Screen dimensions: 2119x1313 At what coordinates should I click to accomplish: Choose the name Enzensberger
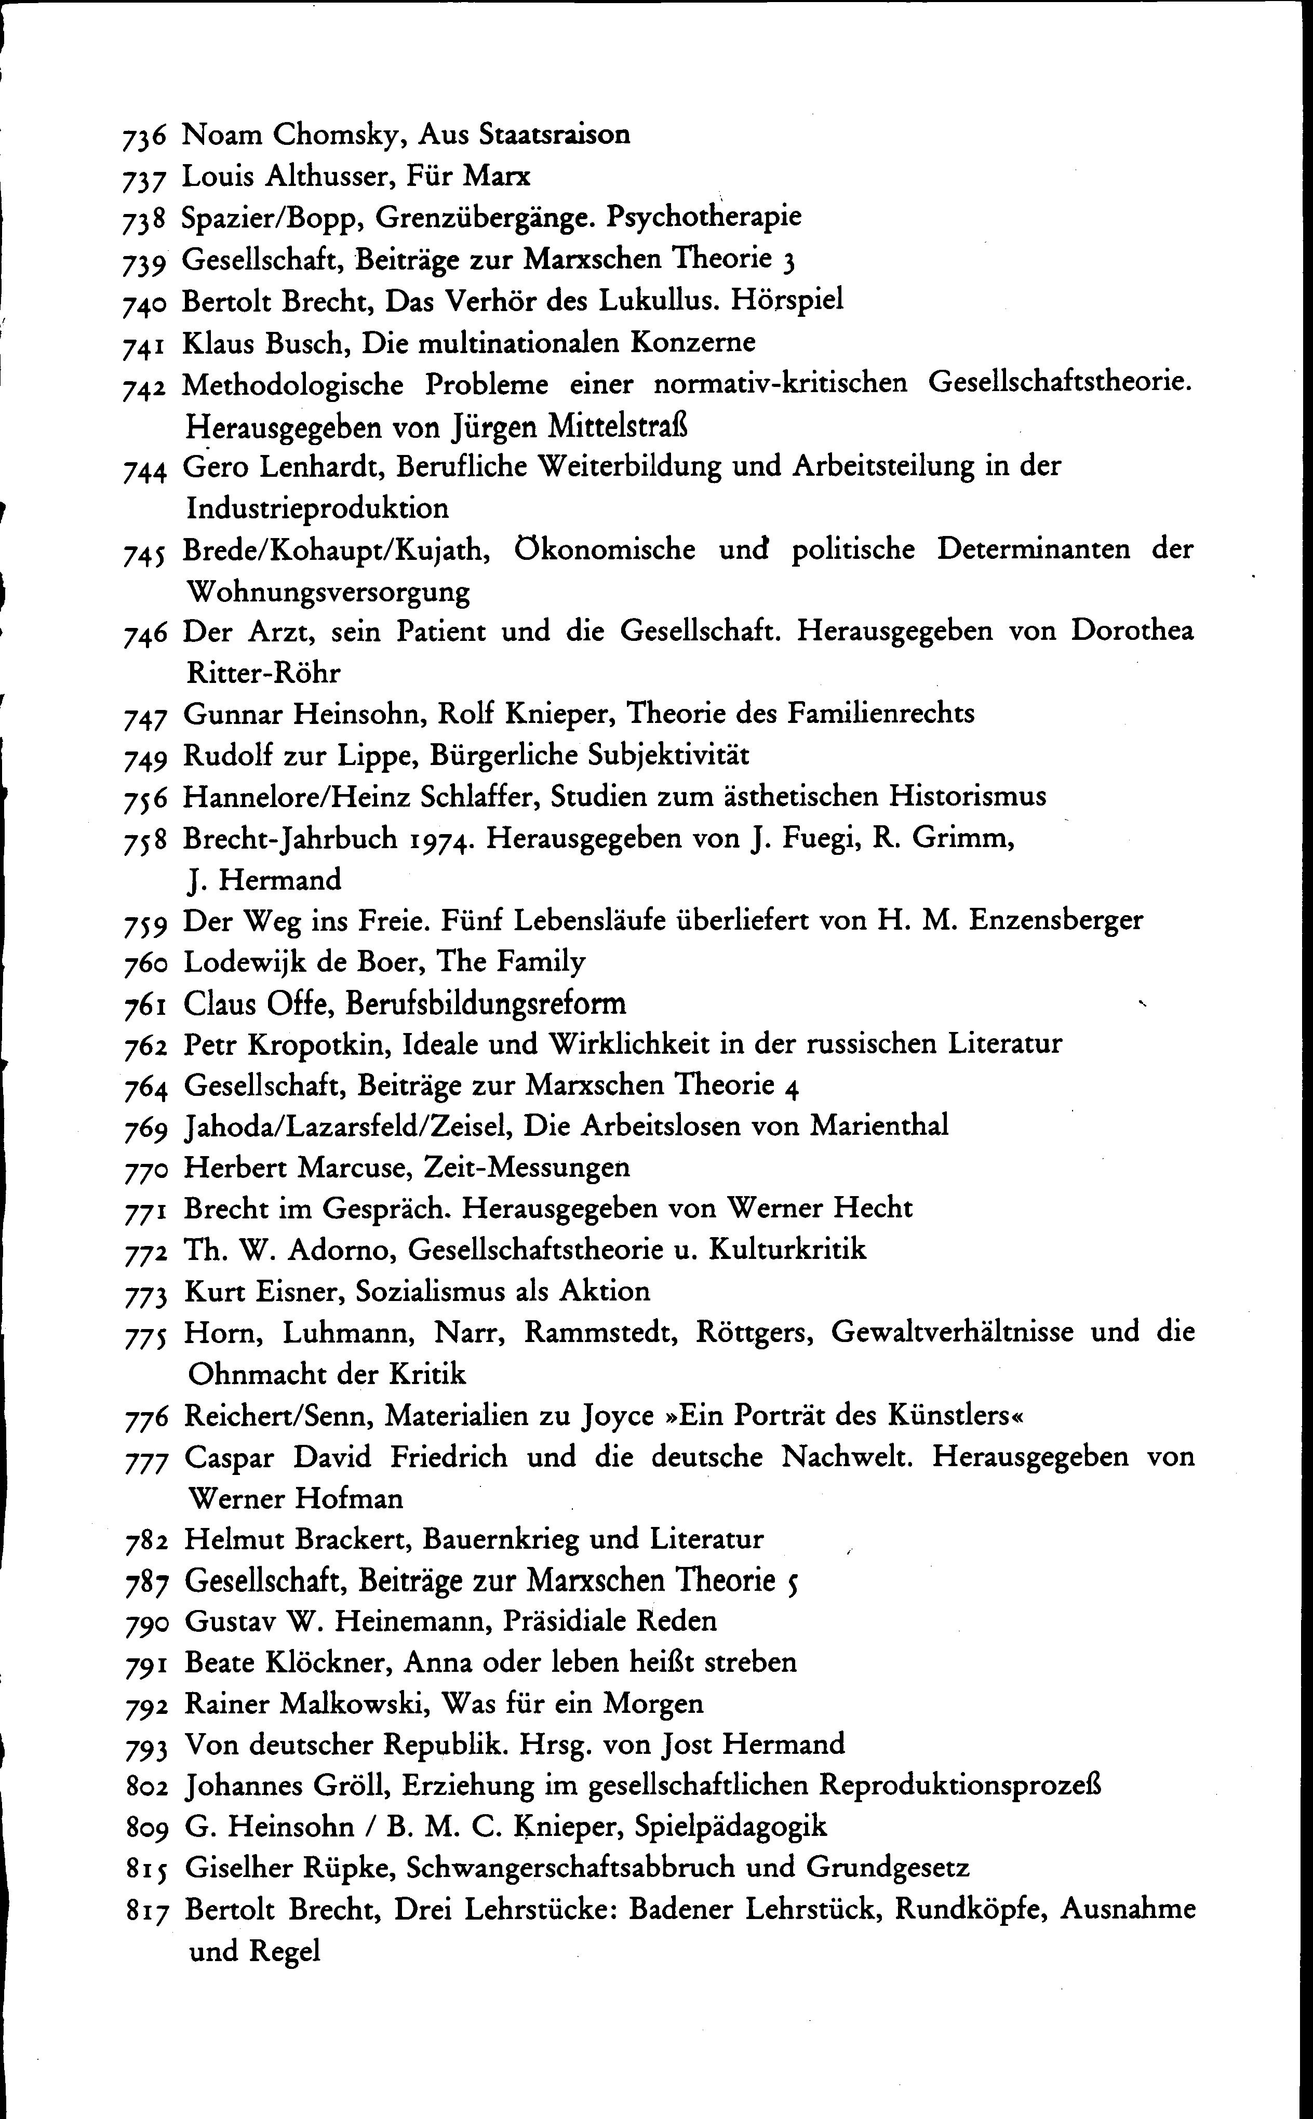pos(1055,920)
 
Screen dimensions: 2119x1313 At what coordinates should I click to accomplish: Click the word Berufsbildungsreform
pos(486,1003)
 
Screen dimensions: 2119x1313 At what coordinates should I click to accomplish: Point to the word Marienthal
pos(879,1126)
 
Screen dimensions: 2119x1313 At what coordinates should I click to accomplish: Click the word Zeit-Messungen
pos(526,1168)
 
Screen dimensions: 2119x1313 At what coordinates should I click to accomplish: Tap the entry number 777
pos(146,1459)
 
